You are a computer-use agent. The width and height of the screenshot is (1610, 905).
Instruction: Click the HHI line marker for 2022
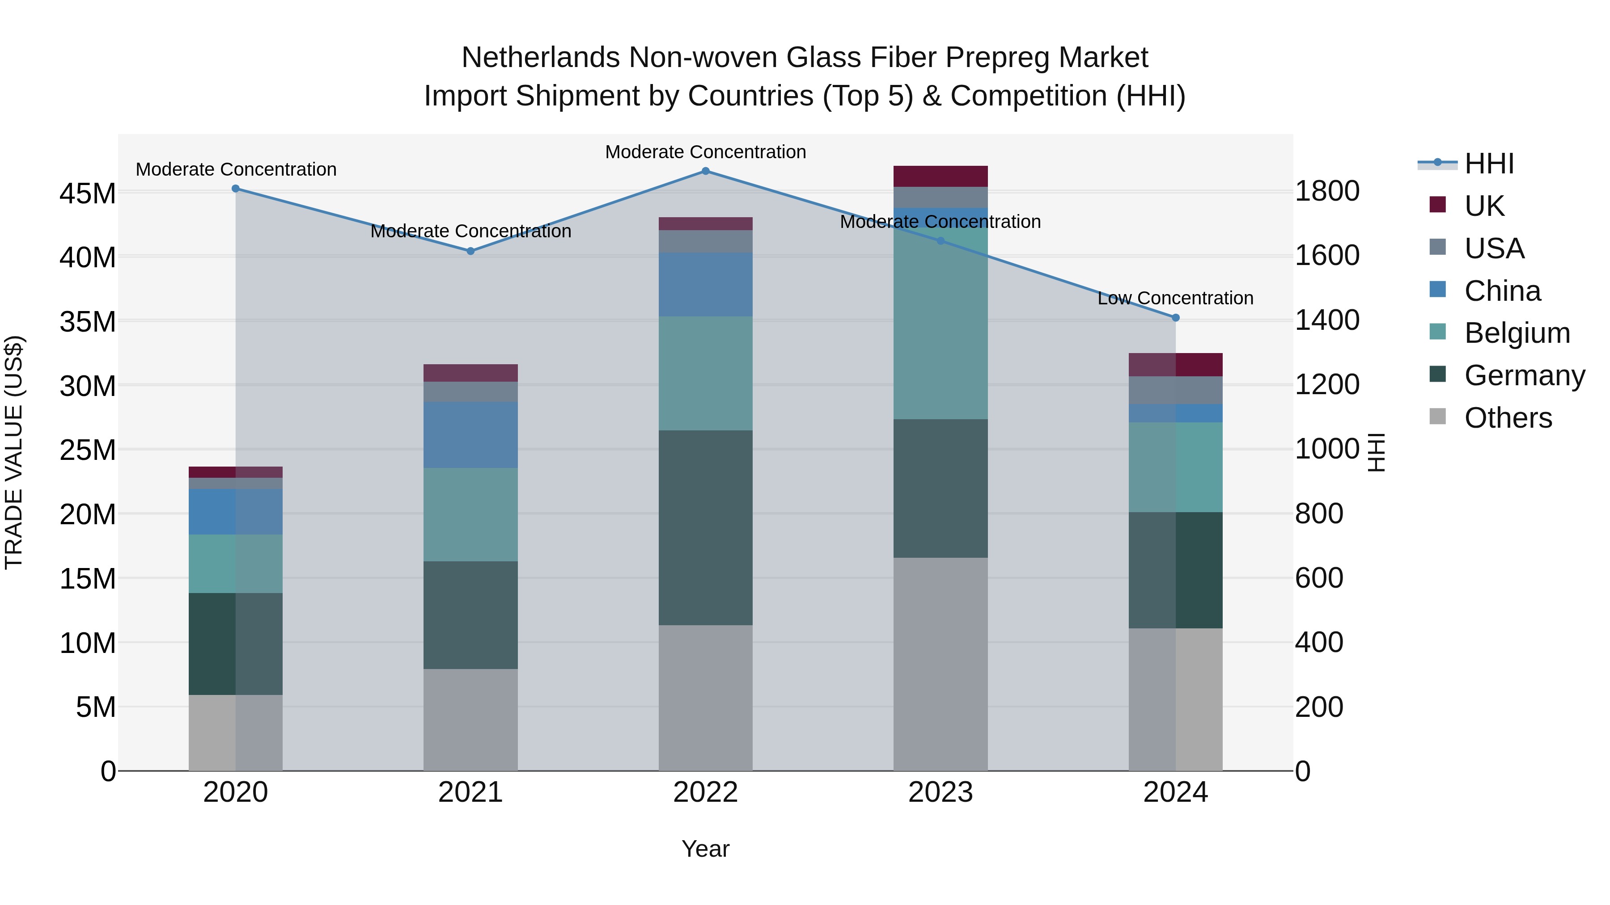(706, 171)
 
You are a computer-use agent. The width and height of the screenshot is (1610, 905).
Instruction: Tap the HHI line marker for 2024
(1176, 318)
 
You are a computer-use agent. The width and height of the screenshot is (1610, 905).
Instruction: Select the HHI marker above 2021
(470, 251)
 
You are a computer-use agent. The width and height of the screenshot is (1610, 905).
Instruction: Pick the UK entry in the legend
(1484, 206)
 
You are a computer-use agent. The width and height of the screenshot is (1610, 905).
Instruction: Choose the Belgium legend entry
(1517, 333)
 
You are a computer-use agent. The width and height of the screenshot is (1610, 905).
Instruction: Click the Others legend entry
(1508, 418)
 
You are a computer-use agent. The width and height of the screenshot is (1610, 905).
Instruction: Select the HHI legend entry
(1489, 164)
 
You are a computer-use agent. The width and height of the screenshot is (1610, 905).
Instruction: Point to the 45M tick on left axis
(88, 194)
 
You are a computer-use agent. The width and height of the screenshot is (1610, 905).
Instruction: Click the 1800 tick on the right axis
(1327, 191)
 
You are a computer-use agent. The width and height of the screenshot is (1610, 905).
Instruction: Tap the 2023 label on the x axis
(940, 792)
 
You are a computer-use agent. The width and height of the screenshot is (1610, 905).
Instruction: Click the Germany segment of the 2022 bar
(706, 528)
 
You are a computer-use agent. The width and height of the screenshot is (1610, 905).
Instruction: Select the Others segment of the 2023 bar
(940, 664)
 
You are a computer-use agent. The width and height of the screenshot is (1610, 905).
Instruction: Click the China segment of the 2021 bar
(470, 435)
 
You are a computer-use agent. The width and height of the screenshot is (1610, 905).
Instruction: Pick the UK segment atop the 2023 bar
(940, 176)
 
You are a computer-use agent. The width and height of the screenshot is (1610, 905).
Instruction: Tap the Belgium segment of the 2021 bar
(470, 515)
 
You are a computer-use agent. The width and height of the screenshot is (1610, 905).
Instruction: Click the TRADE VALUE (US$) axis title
(14, 452)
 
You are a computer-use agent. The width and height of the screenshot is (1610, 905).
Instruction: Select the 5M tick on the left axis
(96, 707)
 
